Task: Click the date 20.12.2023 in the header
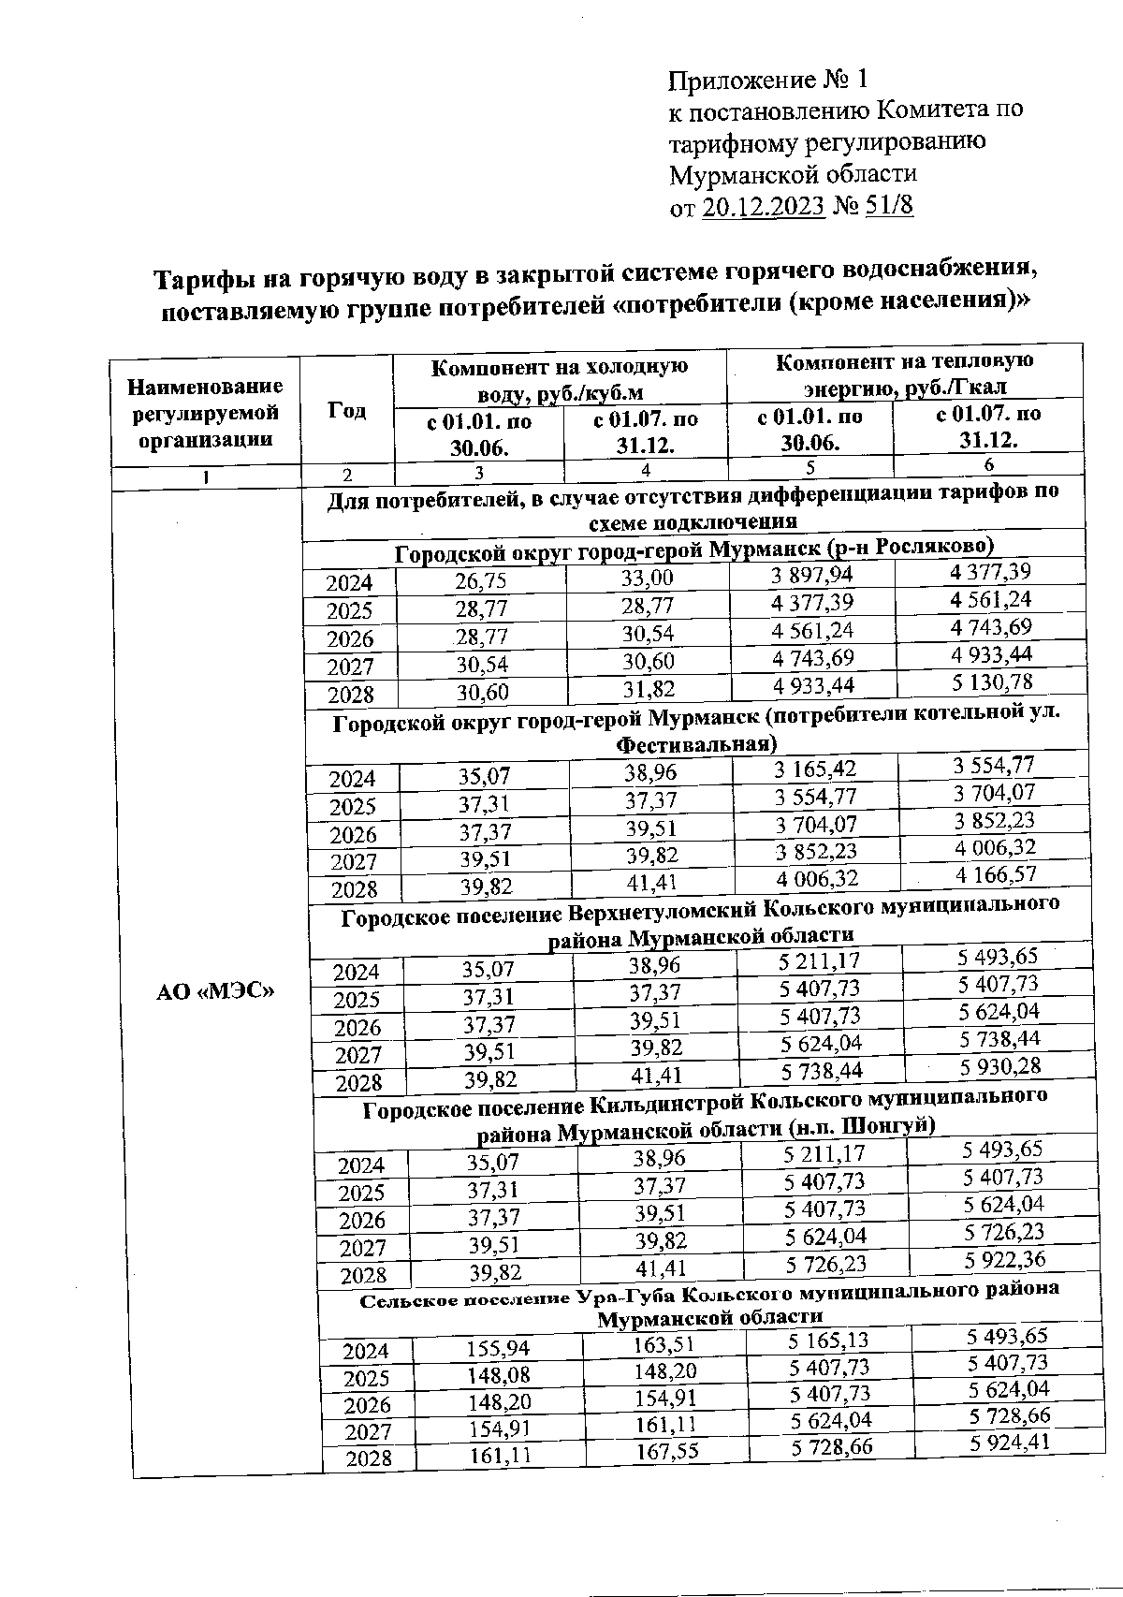click(x=763, y=207)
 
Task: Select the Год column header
click(x=347, y=412)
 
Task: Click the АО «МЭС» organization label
click(x=214, y=990)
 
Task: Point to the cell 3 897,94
click(x=812, y=575)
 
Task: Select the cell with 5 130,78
click(x=993, y=681)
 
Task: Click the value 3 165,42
click(x=815, y=770)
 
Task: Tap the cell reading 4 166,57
click(x=994, y=874)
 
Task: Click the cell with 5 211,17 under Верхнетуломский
click(x=819, y=961)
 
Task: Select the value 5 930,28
click(x=999, y=1066)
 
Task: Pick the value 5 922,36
click(x=1005, y=1259)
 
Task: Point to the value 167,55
click(x=666, y=1450)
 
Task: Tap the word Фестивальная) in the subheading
click(x=696, y=745)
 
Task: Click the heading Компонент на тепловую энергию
click(x=905, y=374)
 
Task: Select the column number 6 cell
click(x=988, y=464)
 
